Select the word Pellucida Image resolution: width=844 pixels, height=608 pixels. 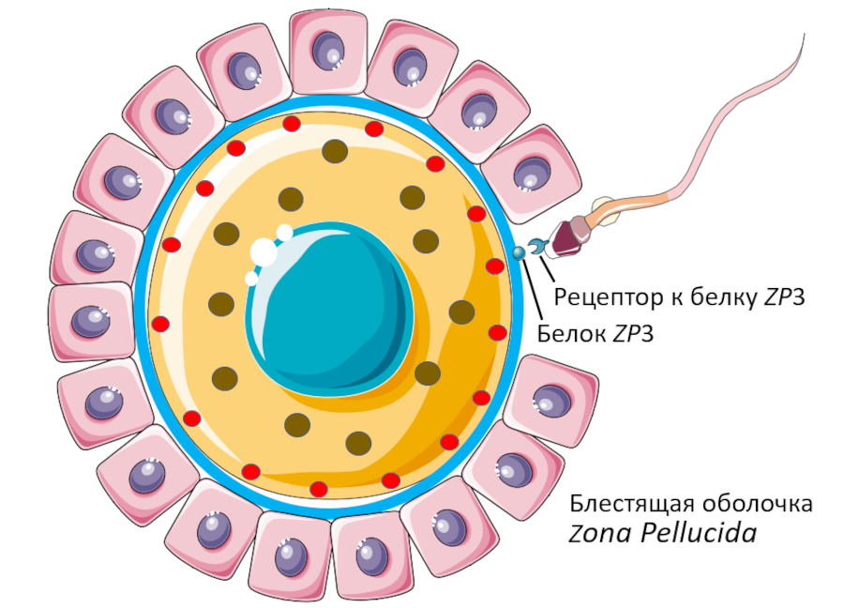click(x=699, y=534)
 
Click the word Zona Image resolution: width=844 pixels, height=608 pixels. click(x=601, y=534)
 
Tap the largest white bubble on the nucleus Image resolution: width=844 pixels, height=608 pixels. click(x=264, y=251)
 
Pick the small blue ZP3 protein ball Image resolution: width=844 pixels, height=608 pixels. click(x=519, y=252)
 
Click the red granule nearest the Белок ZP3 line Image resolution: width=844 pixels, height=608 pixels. click(x=496, y=267)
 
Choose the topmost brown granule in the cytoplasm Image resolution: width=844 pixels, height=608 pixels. click(x=335, y=151)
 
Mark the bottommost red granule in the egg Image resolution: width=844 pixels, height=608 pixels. click(x=319, y=489)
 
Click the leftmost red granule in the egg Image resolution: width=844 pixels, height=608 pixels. click(x=160, y=325)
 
